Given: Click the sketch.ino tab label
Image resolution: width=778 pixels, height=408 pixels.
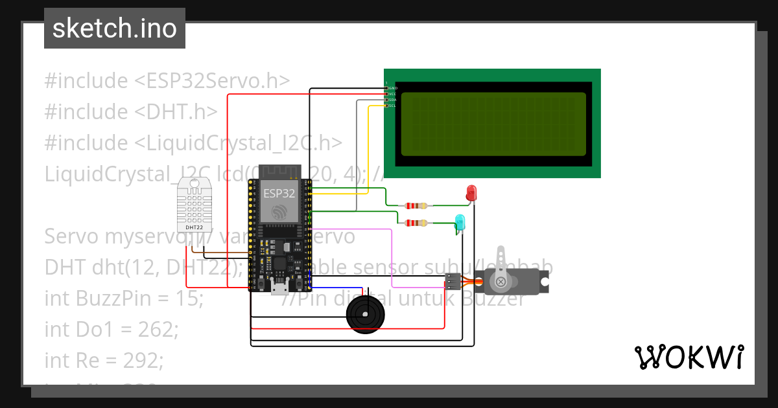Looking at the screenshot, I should (114, 28).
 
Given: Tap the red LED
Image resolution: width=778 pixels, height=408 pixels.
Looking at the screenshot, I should (471, 192).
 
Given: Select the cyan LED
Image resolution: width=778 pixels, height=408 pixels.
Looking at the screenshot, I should (460, 222).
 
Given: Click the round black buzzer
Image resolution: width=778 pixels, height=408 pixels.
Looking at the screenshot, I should (365, 314).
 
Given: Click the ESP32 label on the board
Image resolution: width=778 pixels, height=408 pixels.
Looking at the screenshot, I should (279, 193).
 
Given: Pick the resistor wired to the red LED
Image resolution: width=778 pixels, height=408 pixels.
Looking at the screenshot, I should (416, 206).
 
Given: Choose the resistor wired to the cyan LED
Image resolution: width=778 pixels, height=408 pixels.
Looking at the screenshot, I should (416, 223).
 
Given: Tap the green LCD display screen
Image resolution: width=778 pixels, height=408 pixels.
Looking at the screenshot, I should (493, 124).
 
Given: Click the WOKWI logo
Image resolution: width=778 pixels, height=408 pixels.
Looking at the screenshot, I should (689, 357).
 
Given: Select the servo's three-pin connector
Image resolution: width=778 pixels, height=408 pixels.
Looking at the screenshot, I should (453, 282).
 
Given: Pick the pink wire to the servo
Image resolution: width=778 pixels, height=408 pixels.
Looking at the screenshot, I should (393, 259).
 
